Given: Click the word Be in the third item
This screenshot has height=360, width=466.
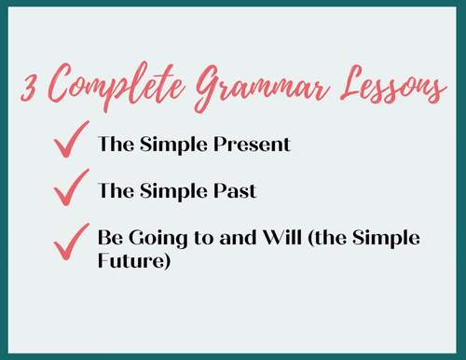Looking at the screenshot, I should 109,238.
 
